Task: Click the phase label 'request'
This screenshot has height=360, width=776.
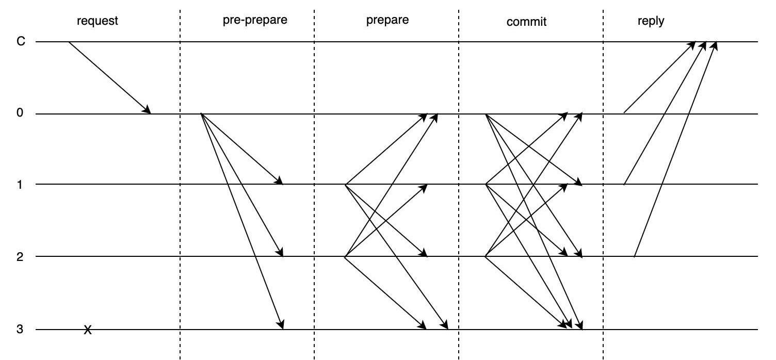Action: pyautogui.click(x=98, y=21)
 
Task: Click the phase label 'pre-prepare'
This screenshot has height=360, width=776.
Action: pyautogui.click(x=254, y=21)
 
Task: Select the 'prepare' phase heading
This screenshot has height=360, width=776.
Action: pyautogui.click(x=387, y=21)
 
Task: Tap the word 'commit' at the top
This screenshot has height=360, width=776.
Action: pyautogui.click(x=526, y=22)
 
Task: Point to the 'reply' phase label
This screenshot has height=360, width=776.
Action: pyautogui.click(x=651, y=22)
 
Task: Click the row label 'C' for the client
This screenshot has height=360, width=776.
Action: pyautogui.click(x=21, y=41)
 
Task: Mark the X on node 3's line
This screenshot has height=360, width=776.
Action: pyautogui.click(x=88, y=330)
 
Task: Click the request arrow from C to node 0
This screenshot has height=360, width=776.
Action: pyautogui.click(x=109, y=77)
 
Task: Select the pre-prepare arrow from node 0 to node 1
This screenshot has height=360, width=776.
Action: pyautogui.click(x=241, y=149)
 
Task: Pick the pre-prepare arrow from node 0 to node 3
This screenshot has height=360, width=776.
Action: pyautogui.click(x=241, y=221)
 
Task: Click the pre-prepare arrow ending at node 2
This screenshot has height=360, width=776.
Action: pyautogui.click(x=241, y=185)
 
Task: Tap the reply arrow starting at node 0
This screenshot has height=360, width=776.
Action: pyautogui.click(x=659, y=77)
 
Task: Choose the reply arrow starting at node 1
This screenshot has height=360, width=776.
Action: pyautogui.click(x=665, y=113)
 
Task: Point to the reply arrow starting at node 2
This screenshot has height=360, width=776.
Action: pyautogui.click(x=675, y=149)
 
